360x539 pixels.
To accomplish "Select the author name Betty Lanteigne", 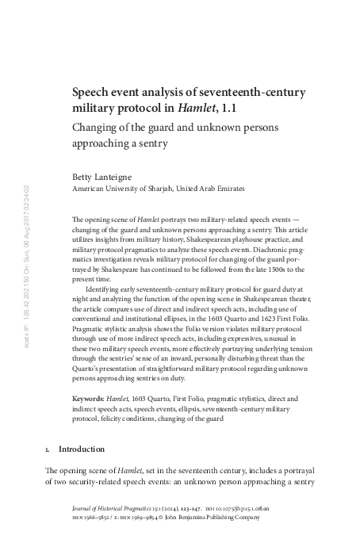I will tap(101, 177).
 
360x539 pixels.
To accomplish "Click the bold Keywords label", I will tap(88, 396).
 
